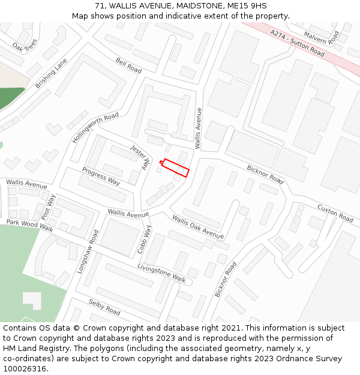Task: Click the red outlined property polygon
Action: pyautogui.click(x=175, y=167)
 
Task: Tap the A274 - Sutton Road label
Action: pyautogui.click(x=297, y=43)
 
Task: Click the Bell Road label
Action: pyautogui.click(x=128, y=66)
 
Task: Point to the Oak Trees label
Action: pyautogui.click(x=24, y=46)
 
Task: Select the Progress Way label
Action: pyautogui.click(x=101, y=175)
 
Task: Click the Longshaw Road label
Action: pyautogui.click(x=88, y=251)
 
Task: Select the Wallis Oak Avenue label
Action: pyautogui.click(x=197, y=226)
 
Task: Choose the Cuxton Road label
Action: pyautogui.click(x=335, y=213)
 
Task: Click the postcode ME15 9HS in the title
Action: pyautogui.click(x=247, y=6)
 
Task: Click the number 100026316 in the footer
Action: pyautogui.click(x=23, y=368)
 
